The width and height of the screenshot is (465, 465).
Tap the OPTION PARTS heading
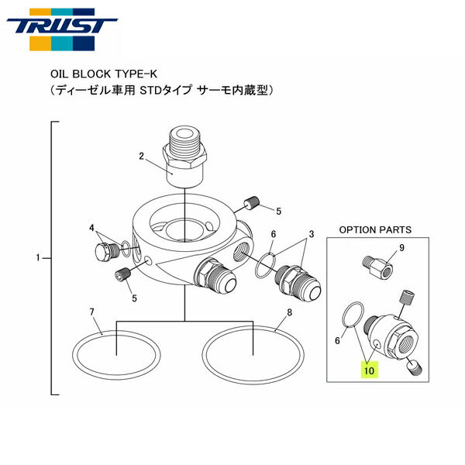(375, 229)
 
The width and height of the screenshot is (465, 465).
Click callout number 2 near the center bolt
(142, 157)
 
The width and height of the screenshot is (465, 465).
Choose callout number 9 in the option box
(401, 248)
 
